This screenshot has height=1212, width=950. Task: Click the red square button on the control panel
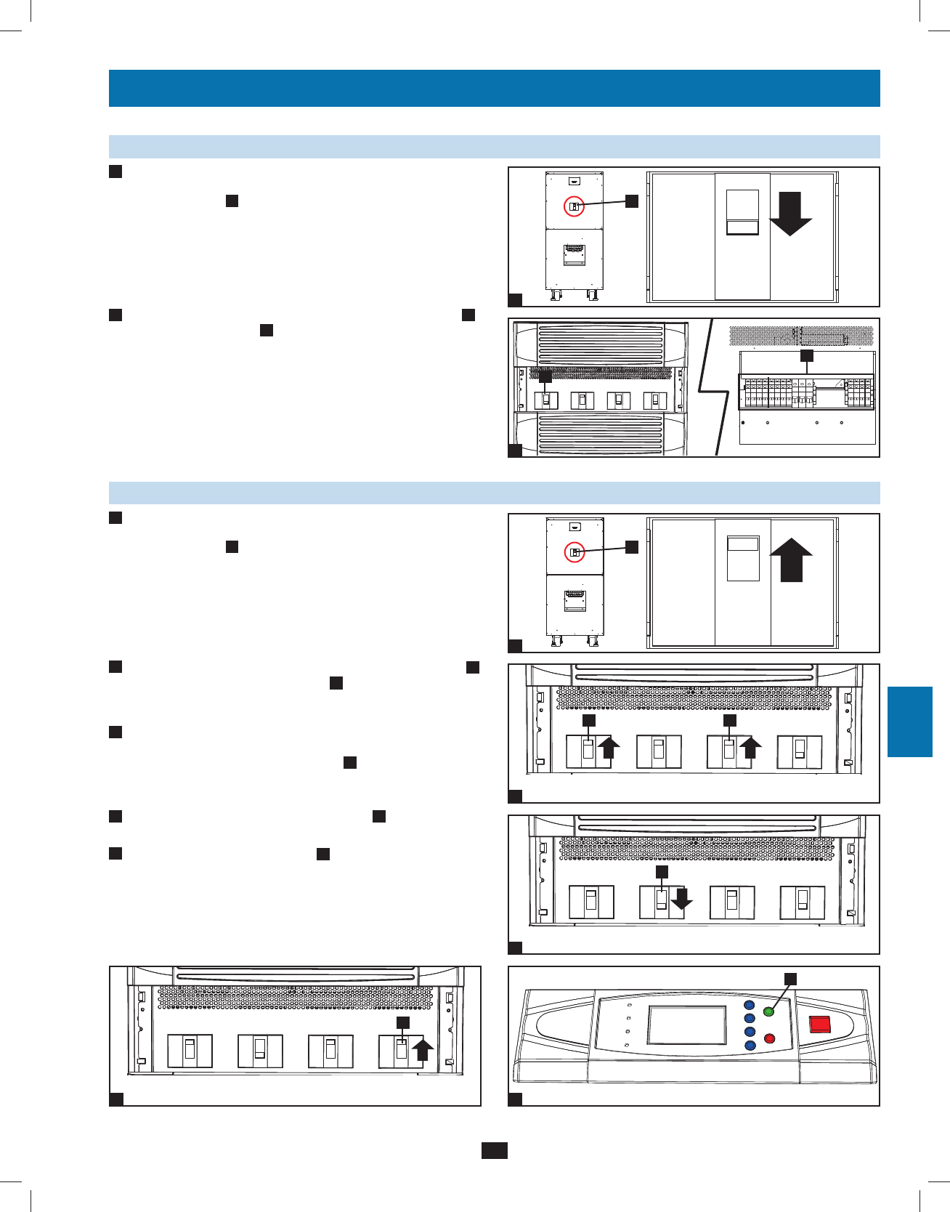(x=820, y=1024)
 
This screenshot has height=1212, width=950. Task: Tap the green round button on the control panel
(x=769, y=1011)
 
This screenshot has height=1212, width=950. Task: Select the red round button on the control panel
(x=769, y=1038)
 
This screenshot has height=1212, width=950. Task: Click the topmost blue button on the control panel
(x=750, y=1006)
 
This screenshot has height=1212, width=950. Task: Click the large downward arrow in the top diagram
(x=790, y=214)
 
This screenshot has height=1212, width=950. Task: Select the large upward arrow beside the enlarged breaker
(x=791, y=562)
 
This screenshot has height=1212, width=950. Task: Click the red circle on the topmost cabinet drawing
(x=575, y=206)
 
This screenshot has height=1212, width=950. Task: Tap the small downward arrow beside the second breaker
(x=681, y=900)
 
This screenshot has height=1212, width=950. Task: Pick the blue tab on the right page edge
(x=909, y=722)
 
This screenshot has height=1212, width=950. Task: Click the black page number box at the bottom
(x=494, y=1150)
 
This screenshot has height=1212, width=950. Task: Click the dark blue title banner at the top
(x=494, y=88)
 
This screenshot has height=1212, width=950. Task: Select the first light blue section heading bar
(x=494, y=147)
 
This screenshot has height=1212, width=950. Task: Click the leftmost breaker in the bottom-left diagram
(x=190, y=1051)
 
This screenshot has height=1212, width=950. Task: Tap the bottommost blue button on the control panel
(x=750, y=1045)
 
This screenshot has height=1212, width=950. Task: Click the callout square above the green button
(x=790, y=979)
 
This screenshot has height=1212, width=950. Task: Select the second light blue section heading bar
(x=494, y=493)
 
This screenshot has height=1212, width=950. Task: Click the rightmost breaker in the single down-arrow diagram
(x=802, y=902)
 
